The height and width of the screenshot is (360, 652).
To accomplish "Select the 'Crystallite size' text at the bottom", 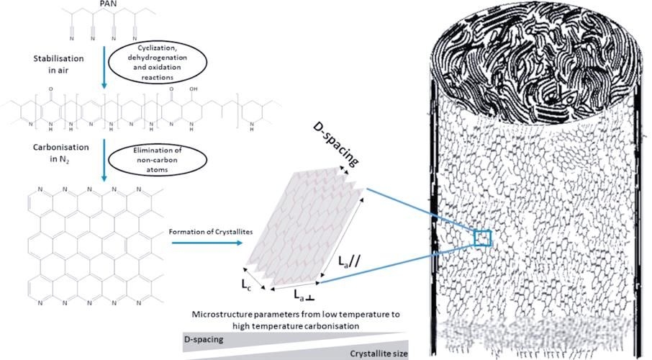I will [378, 354].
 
